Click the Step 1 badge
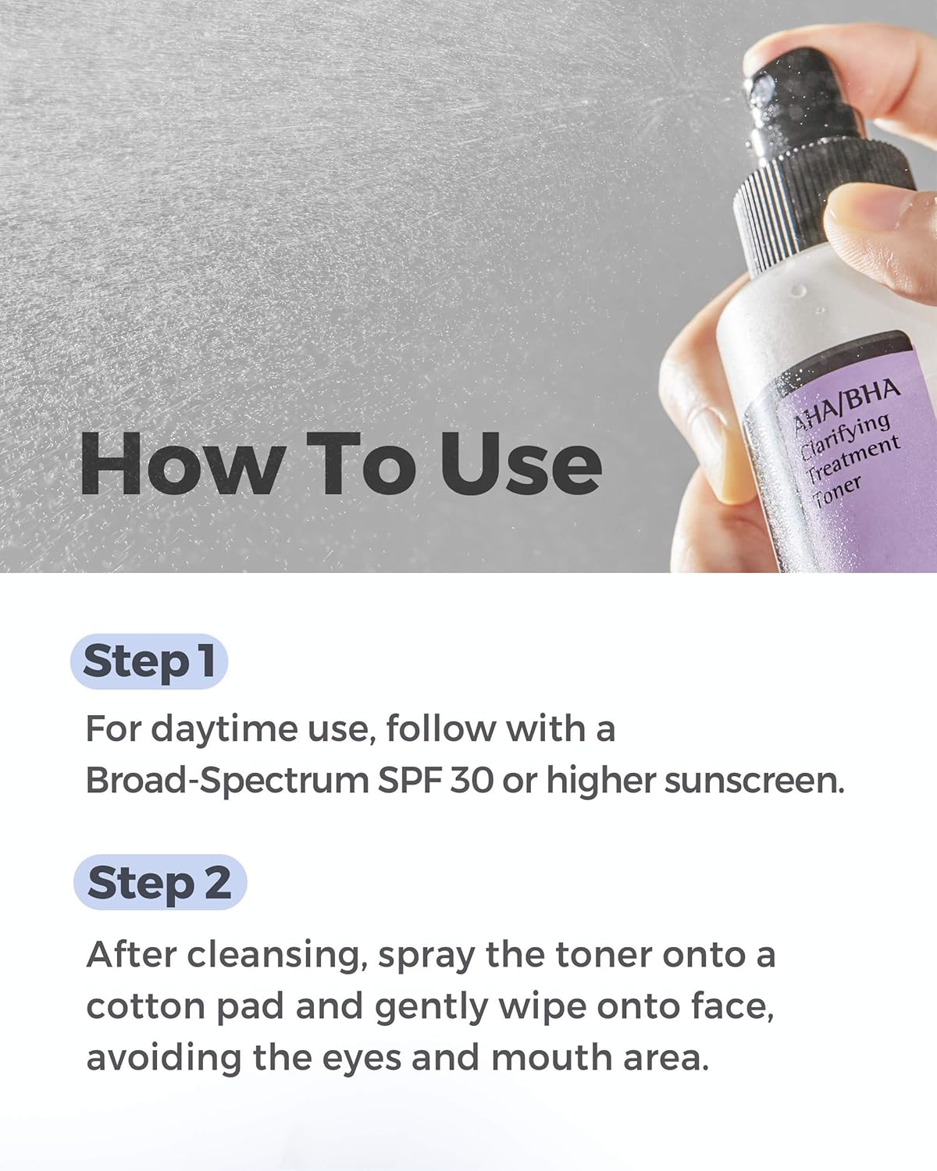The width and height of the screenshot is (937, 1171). point(148,661)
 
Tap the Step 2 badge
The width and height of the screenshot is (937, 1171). point(159,882)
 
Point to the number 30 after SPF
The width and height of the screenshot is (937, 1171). point(472,780)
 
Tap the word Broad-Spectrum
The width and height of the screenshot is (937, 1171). point(226,780)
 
